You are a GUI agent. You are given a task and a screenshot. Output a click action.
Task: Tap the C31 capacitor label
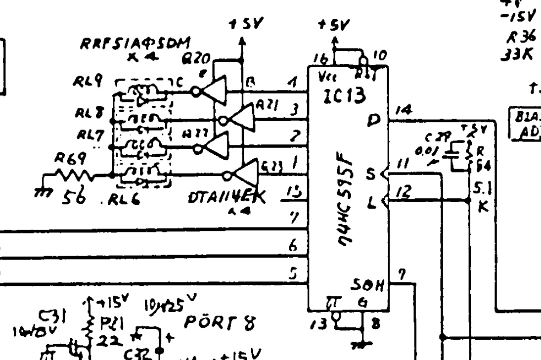tap(49, 314)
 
